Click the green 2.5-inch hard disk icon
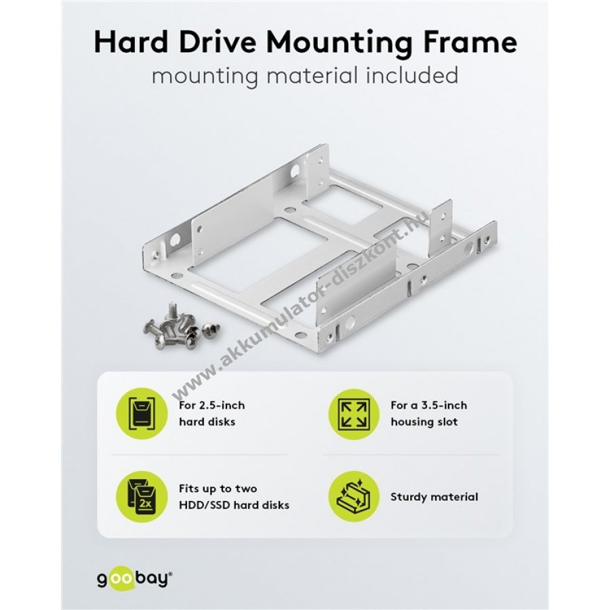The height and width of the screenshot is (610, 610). pos(142,413)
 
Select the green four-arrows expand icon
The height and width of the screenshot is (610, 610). pos(353,413)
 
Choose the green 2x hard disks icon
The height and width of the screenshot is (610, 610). pos(142,497)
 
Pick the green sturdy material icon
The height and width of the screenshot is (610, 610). pos(353,497)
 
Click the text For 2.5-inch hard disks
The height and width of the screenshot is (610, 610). pos(212,413)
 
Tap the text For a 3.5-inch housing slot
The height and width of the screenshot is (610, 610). pos(429,413)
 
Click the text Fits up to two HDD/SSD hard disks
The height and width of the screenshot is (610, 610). pos(235,497)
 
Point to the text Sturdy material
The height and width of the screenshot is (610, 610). pos(434,497)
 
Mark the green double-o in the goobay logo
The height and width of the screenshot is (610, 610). pos(123,577)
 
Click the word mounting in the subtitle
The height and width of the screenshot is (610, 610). pos(205,76)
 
